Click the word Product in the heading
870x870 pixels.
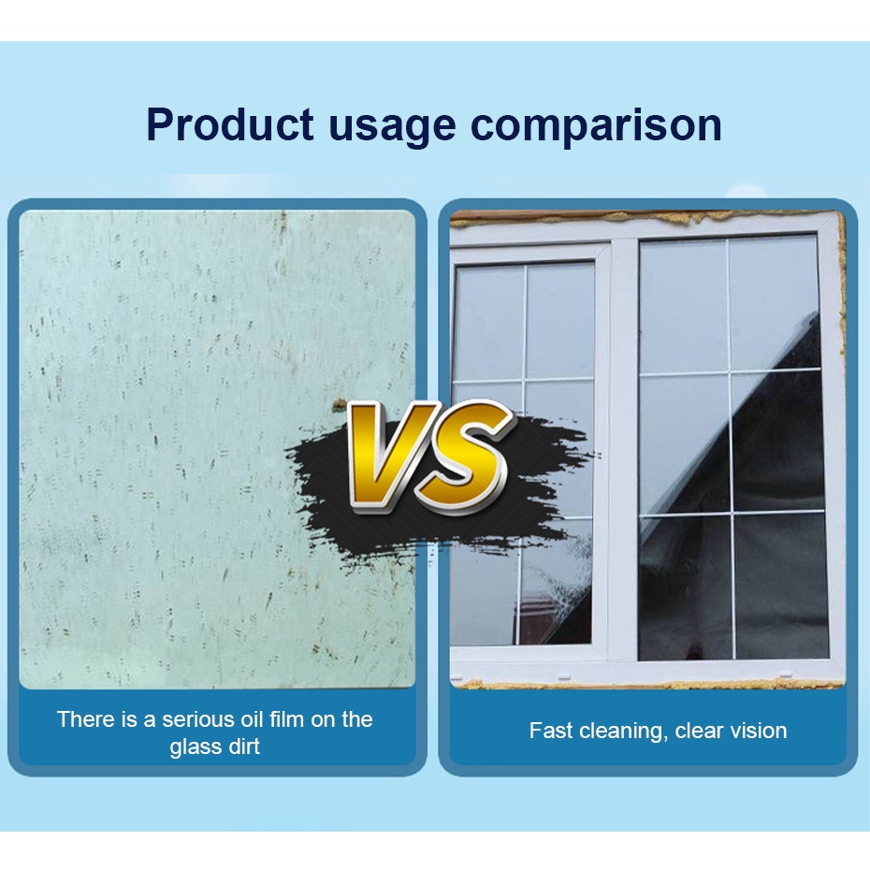[x=230, y=123]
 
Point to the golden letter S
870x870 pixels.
[x=463, y=457]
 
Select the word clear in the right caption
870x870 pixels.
[x=697, y=731]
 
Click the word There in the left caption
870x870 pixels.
[x=84, y=719]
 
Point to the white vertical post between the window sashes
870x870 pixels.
[x=624, y=449]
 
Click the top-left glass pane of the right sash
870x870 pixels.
[x=684, y=306]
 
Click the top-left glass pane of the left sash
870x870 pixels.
[x=489, y=323]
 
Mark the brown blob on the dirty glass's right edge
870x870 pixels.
[x=338, y=406]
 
